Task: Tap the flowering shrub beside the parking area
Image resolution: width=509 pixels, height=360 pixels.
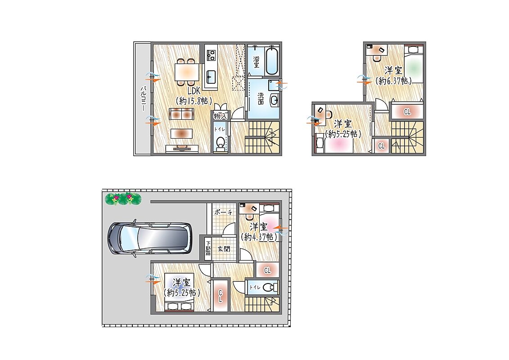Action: click(x=123, y=198)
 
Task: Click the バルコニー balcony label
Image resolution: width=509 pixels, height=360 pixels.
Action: click(x=143, y=99)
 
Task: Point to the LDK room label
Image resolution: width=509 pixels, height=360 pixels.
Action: click(x=194, y=91)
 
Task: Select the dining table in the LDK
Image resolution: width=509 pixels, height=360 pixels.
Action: click(x=186, y=72)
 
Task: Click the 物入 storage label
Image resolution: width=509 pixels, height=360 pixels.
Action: click(x=221, y=116)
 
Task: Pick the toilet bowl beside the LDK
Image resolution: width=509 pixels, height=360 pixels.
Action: click(x=221, y=143)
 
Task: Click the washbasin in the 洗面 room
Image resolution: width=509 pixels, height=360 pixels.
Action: click(x=274, y=101)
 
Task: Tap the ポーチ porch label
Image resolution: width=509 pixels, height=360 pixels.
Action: click(x=223, y=212)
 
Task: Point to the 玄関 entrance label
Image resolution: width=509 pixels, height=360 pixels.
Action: click(x=224, y=249)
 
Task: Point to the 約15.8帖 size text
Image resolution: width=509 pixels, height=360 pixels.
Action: click(x=194, y=101)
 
